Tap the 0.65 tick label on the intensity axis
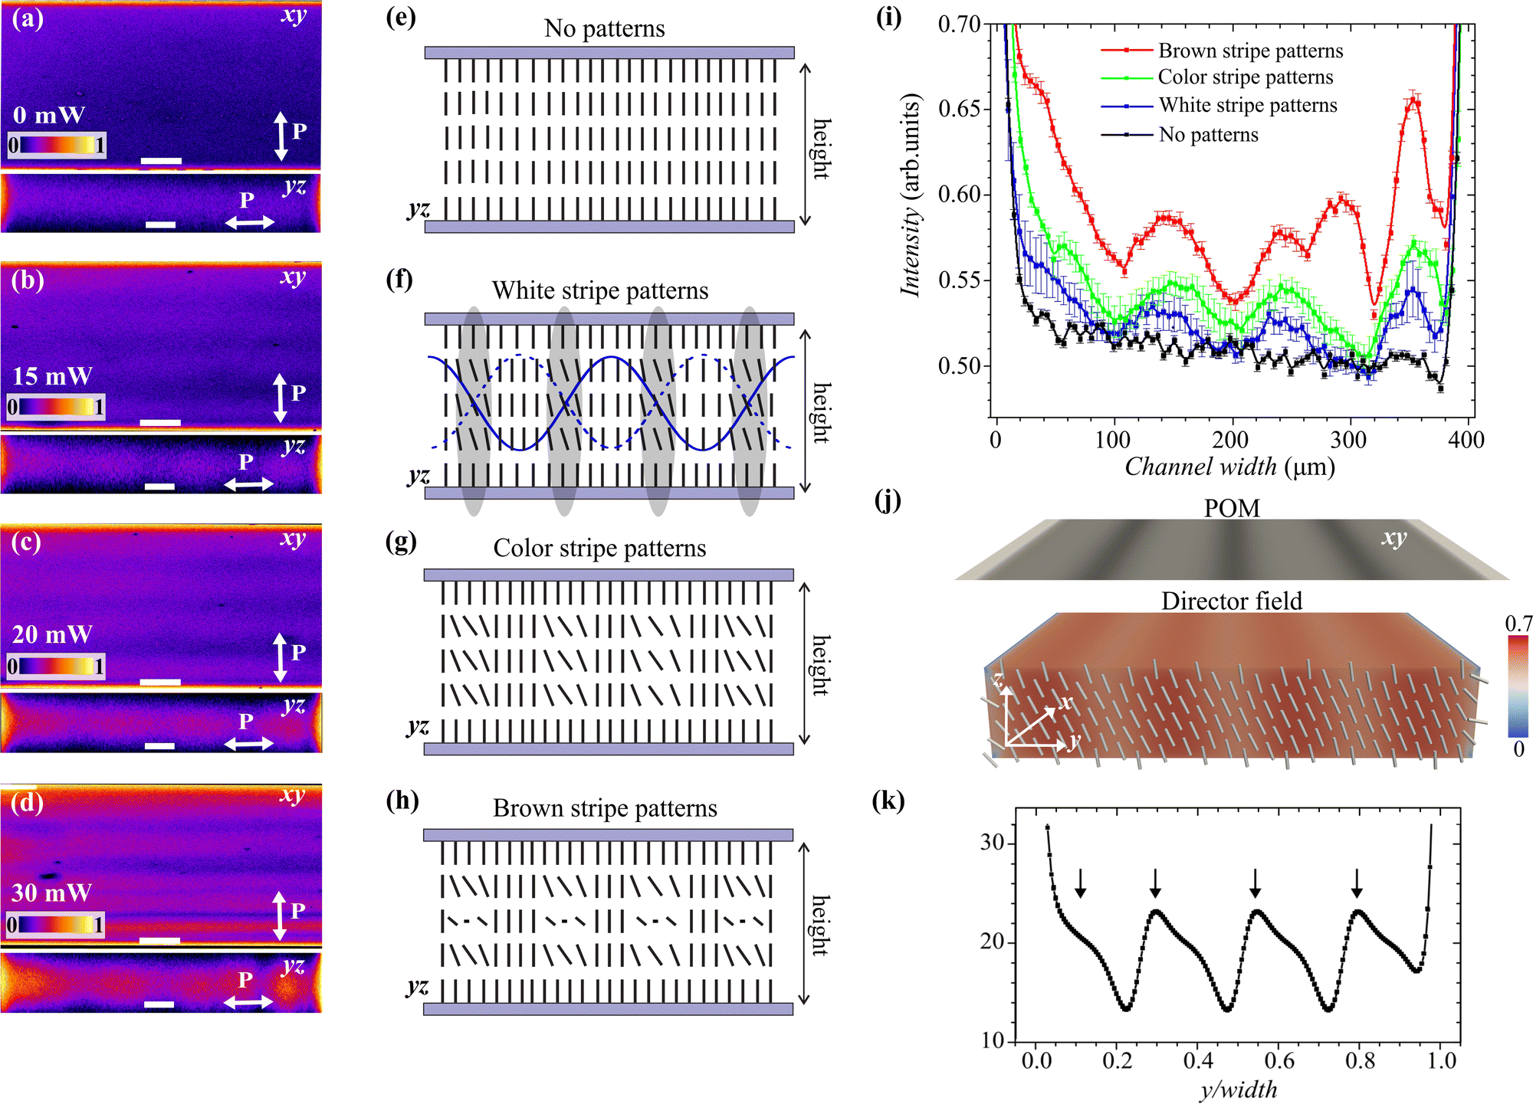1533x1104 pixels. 960,108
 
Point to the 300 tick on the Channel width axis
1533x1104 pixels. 1348,440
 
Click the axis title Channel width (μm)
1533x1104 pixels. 1229,467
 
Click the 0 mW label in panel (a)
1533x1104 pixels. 49,115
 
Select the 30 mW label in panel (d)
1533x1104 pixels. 51,893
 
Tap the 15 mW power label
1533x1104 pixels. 52,376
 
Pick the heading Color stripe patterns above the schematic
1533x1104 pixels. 599,548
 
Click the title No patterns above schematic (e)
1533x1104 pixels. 604,28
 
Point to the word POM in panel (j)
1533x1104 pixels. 1232,508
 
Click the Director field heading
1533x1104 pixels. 1232,601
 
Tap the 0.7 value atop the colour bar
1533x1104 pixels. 1518,624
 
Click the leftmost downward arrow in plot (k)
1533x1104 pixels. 1080,883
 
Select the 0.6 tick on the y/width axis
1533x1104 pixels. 1279,1061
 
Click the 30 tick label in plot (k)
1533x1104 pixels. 992,843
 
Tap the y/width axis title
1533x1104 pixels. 1239,1089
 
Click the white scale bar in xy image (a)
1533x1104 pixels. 162,161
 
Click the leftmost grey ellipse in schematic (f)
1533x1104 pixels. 473,411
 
